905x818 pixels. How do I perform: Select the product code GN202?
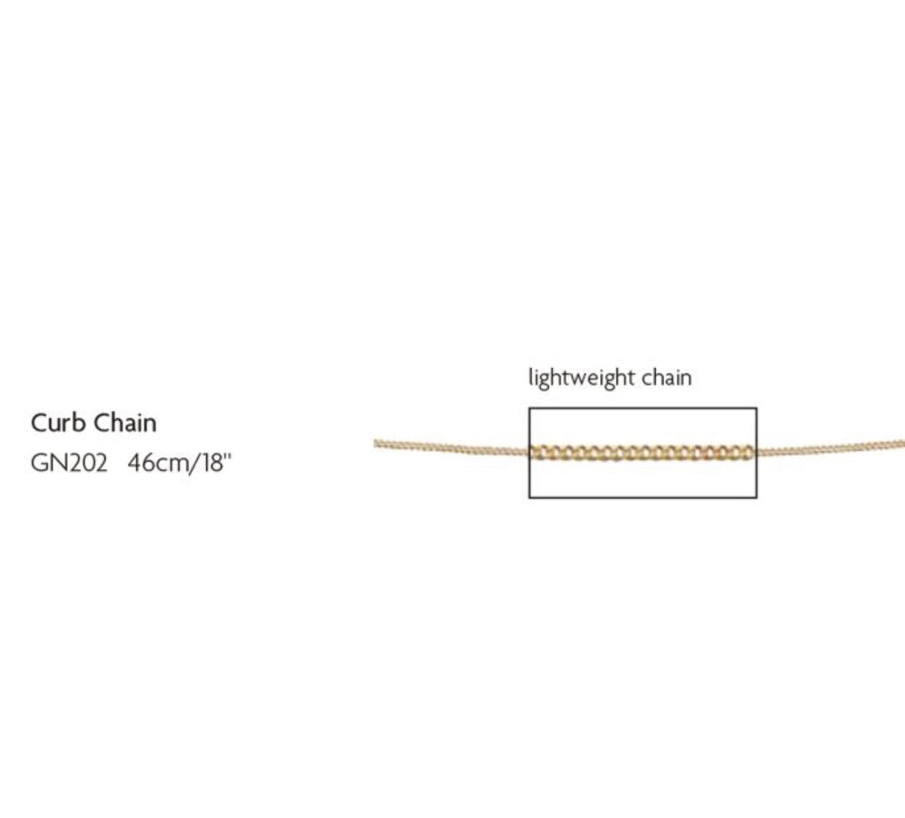69,463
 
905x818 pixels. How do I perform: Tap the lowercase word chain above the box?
666,378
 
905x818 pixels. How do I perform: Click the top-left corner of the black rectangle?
529,408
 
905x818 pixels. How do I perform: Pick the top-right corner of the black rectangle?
757,408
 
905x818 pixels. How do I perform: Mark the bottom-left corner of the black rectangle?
529,497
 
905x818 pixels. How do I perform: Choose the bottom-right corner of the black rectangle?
757,497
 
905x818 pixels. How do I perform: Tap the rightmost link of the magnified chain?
748,451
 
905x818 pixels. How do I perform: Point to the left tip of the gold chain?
376,442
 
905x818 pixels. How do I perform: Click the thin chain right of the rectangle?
831,448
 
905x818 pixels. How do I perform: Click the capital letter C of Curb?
39,423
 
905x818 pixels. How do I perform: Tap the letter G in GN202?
39,463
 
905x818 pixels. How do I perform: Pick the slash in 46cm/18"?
197,463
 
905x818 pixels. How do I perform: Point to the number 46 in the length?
140,463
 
